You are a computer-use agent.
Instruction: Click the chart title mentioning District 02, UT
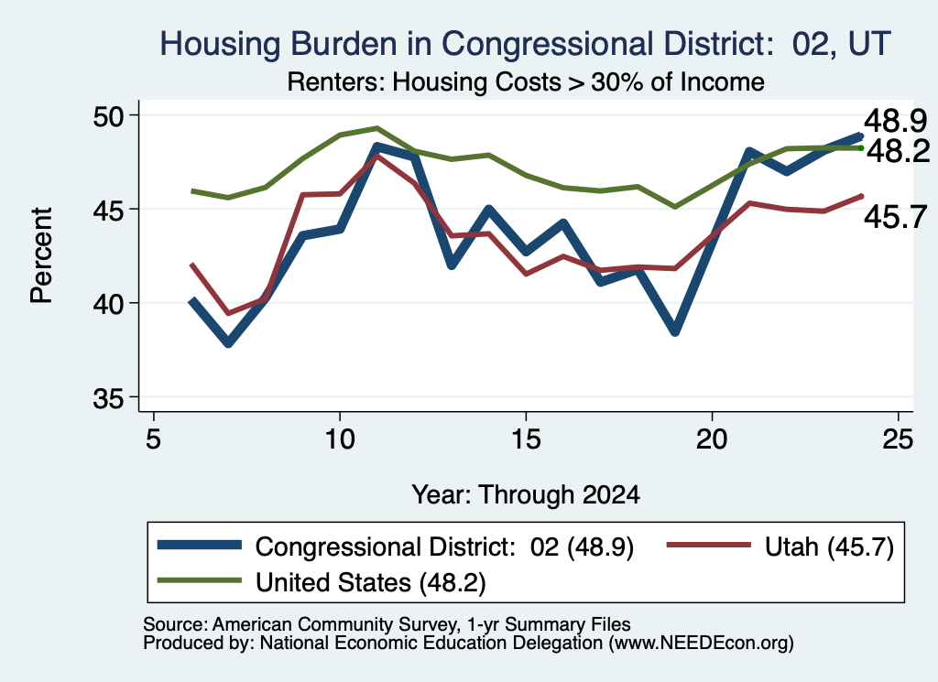pyautogui.click(x=525, y=44)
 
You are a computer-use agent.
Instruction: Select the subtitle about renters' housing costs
pyautogui.click(x=525, y=81)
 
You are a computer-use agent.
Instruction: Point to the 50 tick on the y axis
pyautogui.click(x=108, y=115)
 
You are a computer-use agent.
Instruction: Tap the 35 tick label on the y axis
pyautogui.click(x=108, y=398)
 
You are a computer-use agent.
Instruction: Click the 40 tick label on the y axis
pyautogui.click(x=108, y=304)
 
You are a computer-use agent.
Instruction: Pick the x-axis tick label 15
pyautogui.click(x=526, y=439)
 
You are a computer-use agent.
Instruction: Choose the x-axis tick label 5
pyautogui.click(x=154, y=439)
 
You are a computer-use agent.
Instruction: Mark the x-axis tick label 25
pyautogui.click(x=898, y=439)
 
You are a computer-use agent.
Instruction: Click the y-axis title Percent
pyautogui.click(x=41, y=255)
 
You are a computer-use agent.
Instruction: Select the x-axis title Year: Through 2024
pyautogui.click(x=525, y=495)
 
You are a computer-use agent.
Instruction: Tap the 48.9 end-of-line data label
pyautogui.click(x=896, y=122)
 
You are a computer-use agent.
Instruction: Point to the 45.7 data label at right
pyautogui.click(x=896, y=216)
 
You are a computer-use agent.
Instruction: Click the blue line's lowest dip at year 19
pyautogui.click(x=675, y=330)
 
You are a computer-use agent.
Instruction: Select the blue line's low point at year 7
pyautogui.click(x=228, y=343)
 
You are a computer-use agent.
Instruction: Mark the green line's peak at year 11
pyautogui.click(x=376, y=127)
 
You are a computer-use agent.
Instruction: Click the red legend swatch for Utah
pyautogui.click(x=708, y=545)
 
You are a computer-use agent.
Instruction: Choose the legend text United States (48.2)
pyautogui.click(x=371, y=582)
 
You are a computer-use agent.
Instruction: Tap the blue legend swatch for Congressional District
pyautogui.click(x=199, y=545)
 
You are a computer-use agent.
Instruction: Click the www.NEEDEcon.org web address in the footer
pyautogui.click(x=701, y=644)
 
